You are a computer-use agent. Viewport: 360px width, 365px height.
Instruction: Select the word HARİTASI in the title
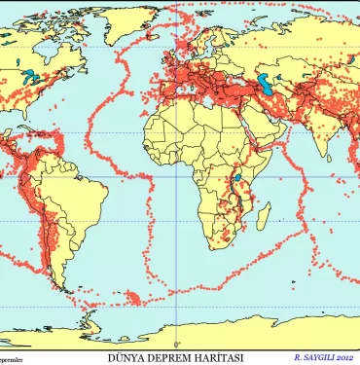point(216,357)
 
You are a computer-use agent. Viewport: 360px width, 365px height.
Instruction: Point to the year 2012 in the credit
point(344,357)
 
